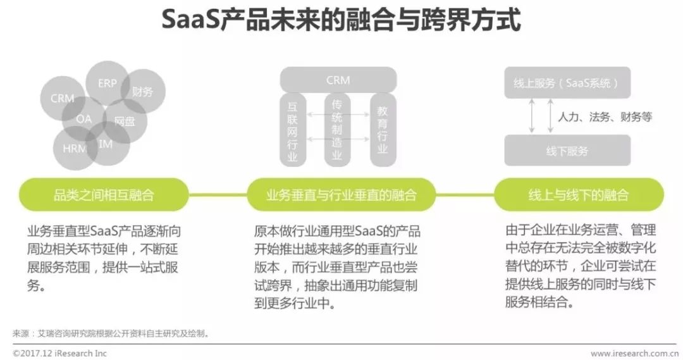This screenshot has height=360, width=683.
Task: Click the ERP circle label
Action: [x=107, y=84]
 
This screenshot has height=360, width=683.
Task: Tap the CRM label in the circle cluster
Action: [x=62, y=98]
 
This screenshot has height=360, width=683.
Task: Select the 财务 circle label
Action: [x=142, y=92]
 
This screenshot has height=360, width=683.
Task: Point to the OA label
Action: [x=84, y=119]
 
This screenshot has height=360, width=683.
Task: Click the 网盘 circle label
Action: [x=124, y=121]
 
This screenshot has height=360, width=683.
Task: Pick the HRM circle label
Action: [x=75, y=149]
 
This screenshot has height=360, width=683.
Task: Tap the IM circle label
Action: [x=106, y=144]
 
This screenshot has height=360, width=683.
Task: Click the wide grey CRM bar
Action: [x=338, y=80]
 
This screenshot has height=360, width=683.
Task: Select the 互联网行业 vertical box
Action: [x=292, y=130]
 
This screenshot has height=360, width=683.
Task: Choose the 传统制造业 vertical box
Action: [x=336, y=130]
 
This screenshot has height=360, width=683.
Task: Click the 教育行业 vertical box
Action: [x=383, y=130]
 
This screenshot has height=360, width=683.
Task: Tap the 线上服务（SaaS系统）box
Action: [x=567, y=83]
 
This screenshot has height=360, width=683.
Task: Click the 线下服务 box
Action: [x=567, y=151]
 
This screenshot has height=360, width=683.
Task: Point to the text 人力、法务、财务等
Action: [x=604, y=117]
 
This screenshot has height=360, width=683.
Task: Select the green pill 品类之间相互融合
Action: [x=104, y=195]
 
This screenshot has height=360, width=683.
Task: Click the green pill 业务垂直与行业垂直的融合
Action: [x=341, y=195]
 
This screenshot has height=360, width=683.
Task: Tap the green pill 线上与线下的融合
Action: [x=578, y=195]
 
